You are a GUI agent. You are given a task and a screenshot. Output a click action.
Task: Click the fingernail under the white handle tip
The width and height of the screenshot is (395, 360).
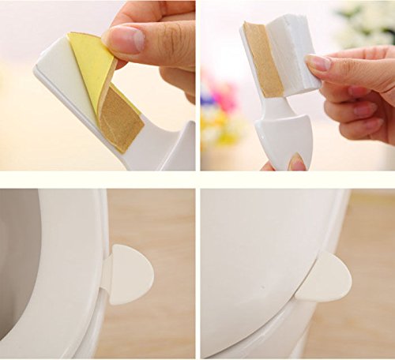[x=297, y=163]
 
